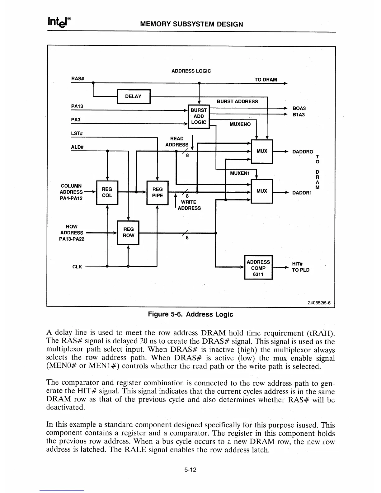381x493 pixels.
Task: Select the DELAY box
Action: point(133,96)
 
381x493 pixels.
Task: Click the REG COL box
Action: point(107,192)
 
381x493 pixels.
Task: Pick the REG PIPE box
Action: point(157,192)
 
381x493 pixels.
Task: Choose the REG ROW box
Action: point(128,232)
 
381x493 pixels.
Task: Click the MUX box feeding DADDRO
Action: point(262,151)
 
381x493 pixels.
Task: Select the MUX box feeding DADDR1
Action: point(262,191)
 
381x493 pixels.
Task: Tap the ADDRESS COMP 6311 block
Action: point(258,268)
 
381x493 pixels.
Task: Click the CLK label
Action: point(77,267)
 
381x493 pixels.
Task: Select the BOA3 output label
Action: point(299,108)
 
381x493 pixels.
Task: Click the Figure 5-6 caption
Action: point(190,314)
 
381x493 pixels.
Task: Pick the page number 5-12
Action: point(190,470)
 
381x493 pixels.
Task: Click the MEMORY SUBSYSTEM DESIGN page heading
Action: point(192,24)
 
